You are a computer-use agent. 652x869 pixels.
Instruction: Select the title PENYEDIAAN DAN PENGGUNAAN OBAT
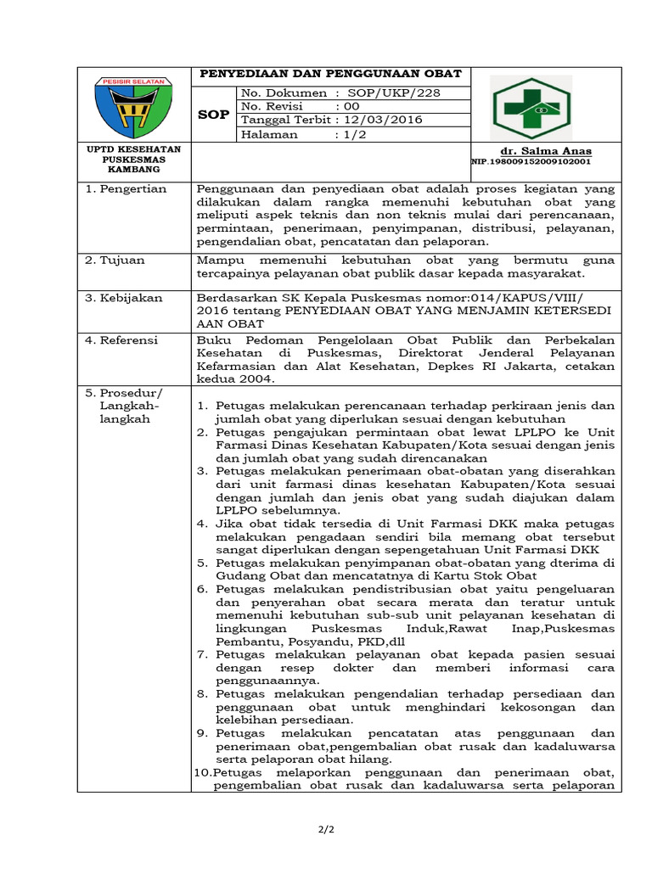click(330, 75)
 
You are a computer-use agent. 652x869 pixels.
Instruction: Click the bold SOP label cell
click(213, 114)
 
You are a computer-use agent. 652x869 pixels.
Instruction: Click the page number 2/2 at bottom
click(325, 829)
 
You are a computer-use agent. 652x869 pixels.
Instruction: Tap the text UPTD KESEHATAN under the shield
click(133, 149)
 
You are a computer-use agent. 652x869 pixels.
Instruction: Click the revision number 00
click(350, 106)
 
